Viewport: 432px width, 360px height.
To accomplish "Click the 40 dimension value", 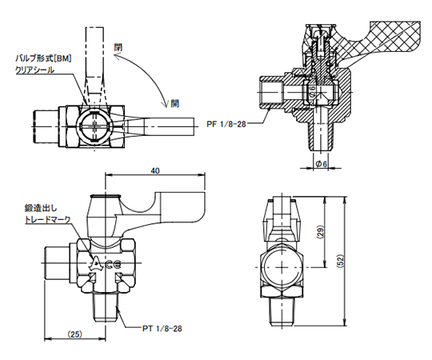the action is (x=155, y=170).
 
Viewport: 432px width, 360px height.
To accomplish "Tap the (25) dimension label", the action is (x=75, y=334).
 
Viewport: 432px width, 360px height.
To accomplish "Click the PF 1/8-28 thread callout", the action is (x=226, y=124).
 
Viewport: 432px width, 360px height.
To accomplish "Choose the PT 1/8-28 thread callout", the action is (x=162, y=328).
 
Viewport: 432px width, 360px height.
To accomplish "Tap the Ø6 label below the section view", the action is (x=321, y=164).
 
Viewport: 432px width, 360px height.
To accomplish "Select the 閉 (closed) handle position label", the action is (x=118, y=47).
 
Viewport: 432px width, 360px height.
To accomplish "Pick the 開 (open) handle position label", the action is (x=174, y=103).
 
